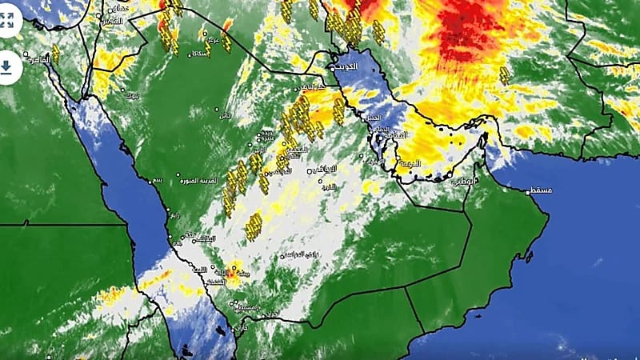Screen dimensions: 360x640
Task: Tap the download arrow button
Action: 8,68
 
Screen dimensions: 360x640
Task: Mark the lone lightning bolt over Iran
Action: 504,75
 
